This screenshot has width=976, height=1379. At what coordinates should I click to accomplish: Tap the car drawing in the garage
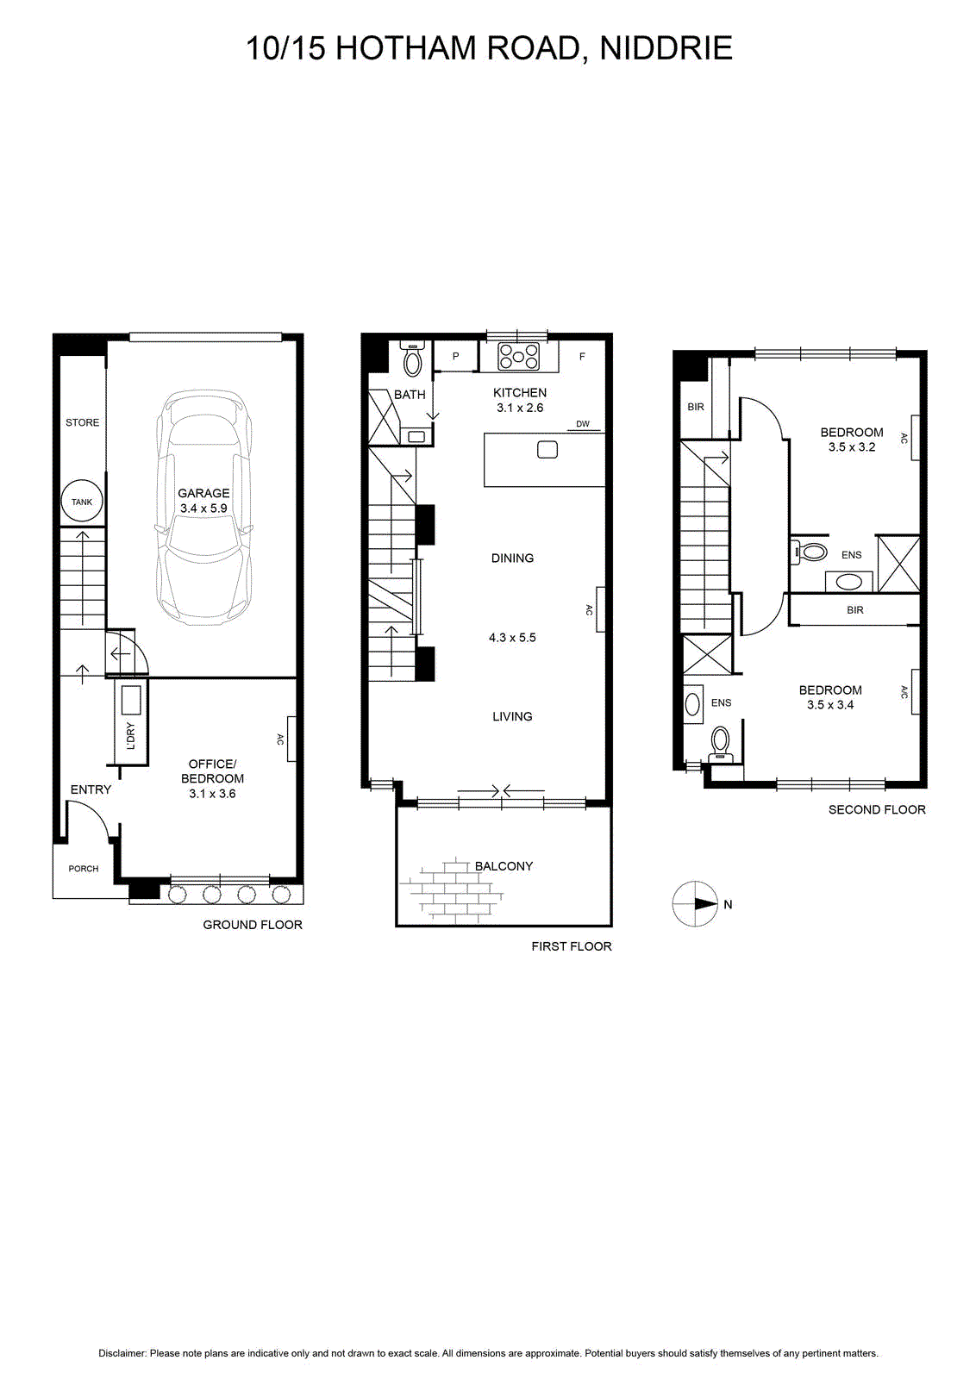(203, 508)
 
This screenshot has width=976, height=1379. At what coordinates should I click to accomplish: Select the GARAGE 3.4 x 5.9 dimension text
(203, 509)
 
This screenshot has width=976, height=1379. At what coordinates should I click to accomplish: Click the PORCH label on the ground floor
(83, 869)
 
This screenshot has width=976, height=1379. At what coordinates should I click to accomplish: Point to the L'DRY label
(130, 736)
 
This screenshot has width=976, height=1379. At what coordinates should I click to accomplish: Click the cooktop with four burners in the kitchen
(518, 357)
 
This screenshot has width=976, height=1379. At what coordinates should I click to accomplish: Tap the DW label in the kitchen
(583, 423)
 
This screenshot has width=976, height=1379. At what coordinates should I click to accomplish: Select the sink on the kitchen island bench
(547, 449)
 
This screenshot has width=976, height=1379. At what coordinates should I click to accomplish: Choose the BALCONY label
(504, 866)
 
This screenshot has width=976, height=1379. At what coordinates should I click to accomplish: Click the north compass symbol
(695, 904)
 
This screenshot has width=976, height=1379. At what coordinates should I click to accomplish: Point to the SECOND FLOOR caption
(877, 809)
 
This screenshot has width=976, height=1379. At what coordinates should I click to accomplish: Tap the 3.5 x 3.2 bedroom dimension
(852, 447)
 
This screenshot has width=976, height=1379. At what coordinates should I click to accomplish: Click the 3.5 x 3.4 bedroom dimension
(830, 705)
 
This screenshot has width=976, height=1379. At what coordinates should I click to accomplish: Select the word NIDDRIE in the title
(666, 48)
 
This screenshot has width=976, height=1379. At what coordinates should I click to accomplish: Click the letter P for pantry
(456, 356)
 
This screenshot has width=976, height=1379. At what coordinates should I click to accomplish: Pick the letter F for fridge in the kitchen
(582, 356)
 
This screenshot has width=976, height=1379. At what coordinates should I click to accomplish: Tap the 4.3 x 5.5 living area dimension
(512, 638)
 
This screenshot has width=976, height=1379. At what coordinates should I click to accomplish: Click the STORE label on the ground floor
(83, 422)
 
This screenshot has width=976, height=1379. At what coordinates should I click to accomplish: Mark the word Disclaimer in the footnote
(122, 1354)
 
